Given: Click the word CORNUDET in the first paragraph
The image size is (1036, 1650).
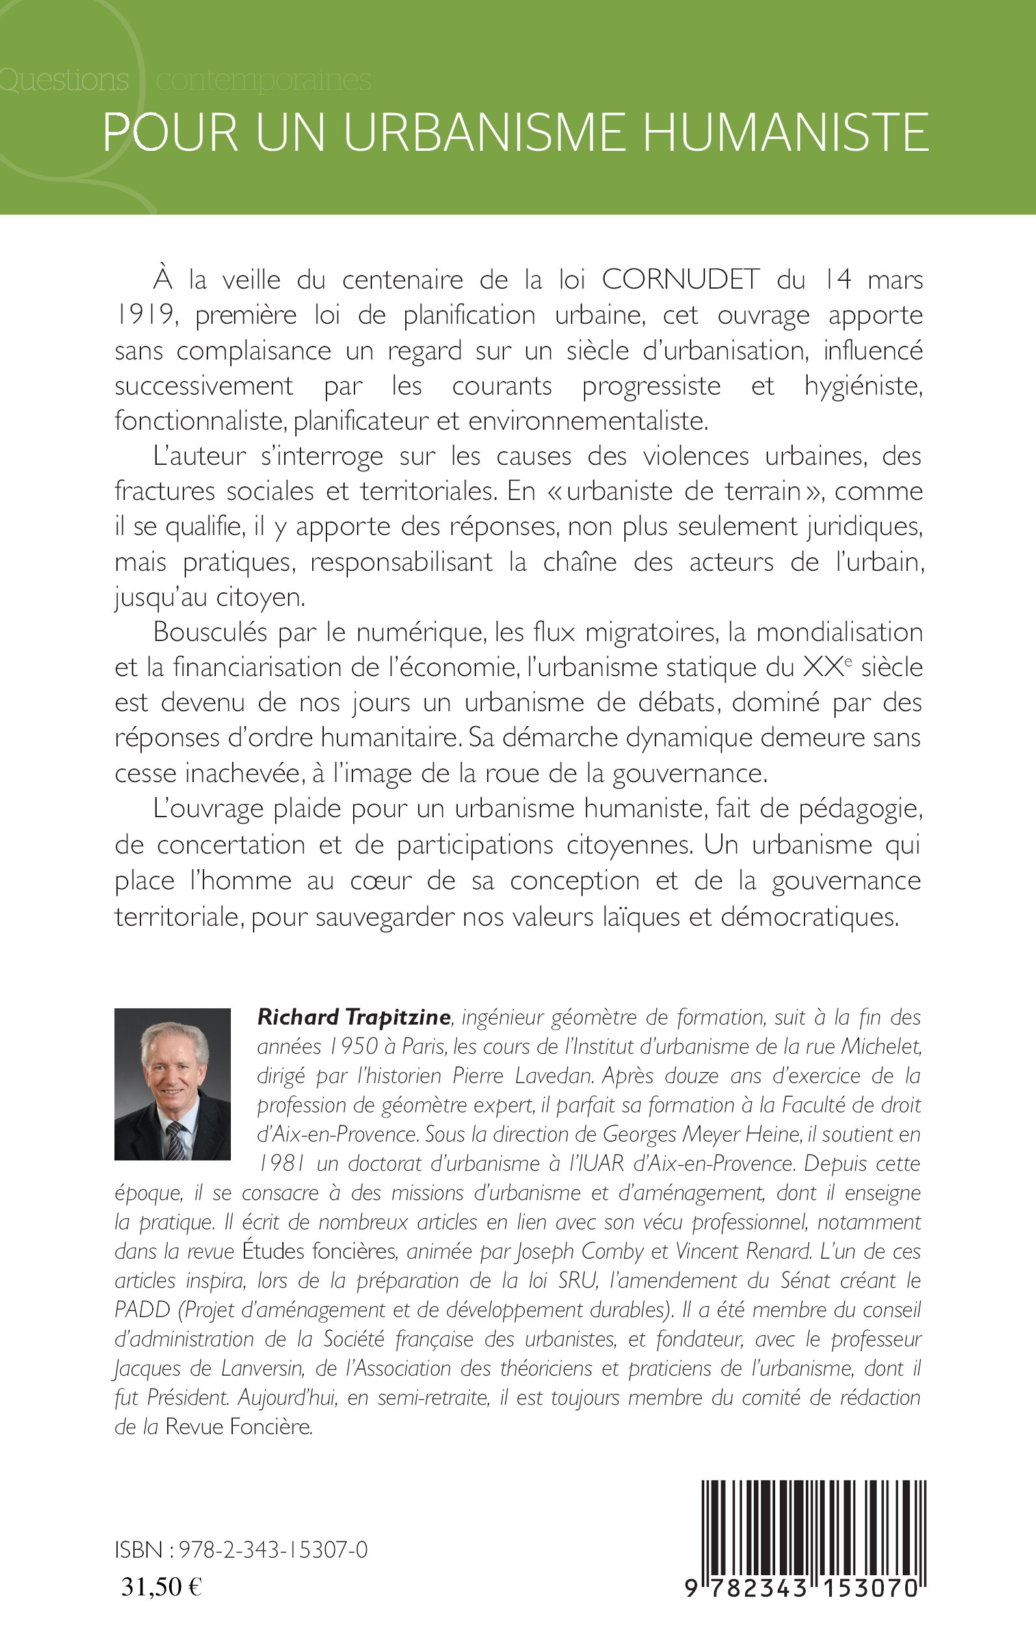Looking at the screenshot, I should coord(680,280).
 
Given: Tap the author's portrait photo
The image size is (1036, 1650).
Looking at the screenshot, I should coord(172,1084).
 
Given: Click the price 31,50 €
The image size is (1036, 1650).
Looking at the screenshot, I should coord(161,1586).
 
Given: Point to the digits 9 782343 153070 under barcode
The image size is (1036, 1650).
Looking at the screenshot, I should coord(801,1588).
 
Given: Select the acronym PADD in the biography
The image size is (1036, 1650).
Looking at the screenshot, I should coord(142,1310).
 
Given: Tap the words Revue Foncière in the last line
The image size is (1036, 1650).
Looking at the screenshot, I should coord(238,1428).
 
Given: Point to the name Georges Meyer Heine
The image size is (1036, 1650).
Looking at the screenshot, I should coord(701,1134).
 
